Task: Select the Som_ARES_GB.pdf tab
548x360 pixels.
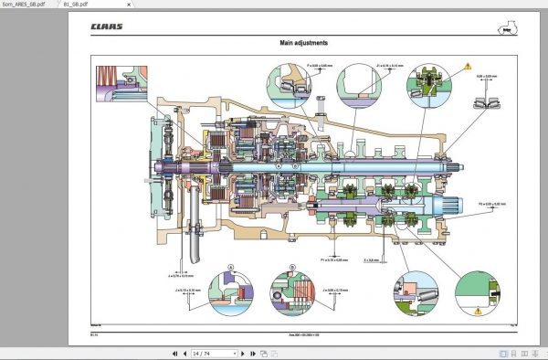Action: tap(28, 5)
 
